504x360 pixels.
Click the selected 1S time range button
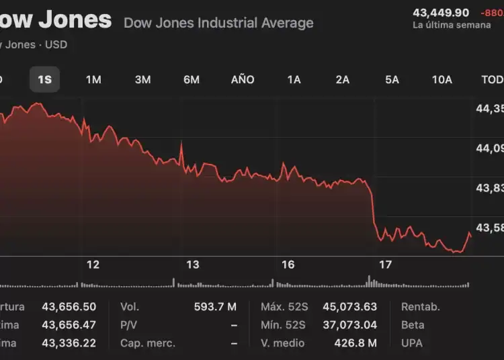[44, 79]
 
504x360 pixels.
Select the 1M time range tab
[93, 79]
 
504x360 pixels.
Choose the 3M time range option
[142, 79]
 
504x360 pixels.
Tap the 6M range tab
[192, 79]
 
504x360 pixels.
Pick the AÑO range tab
[243, 79]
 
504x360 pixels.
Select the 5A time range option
[392, 79]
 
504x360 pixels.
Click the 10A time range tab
[442, 79]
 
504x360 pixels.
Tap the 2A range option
[343, 79]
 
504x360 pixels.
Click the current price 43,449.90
[441, 12]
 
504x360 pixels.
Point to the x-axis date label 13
[193, 265]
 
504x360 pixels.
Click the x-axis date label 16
[288, 265]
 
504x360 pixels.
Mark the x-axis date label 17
[385, 265]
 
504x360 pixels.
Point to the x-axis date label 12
[93, 265]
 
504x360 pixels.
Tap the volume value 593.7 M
[215, 307]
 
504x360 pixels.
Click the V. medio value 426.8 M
[355, 343]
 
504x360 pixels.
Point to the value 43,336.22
[69, 343]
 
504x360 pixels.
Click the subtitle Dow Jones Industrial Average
[218, 23]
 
